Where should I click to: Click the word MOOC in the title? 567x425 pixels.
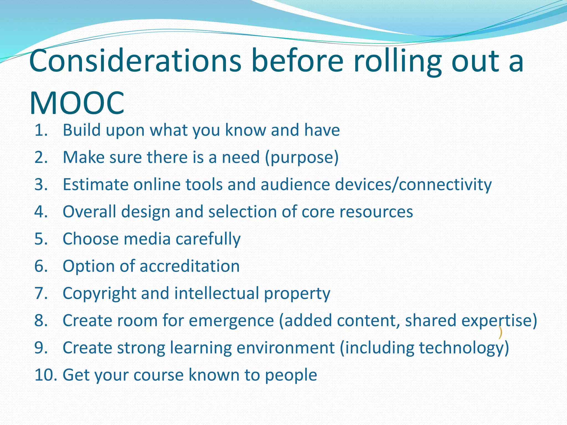pyautogui.click(x=77, y=103)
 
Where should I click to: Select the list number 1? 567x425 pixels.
pyautogui.click(x=41, y=130)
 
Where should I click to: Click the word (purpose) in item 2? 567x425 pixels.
pyautogui.click(x=302, y=157)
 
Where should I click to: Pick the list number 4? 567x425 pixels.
pyautogui.click(x=41, y=212)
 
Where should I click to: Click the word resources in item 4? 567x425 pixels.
pyautogui.click(x=376, y=212)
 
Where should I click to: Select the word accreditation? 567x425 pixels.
pyautogui.click(x=190, y=266)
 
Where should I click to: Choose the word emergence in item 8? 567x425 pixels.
pyautogui.click(x=231, y=320)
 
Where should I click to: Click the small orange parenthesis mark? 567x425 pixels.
pyautogui.click(x=500, y=333)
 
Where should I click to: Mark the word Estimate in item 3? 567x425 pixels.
pyautogui.click(x=96, y=185)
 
